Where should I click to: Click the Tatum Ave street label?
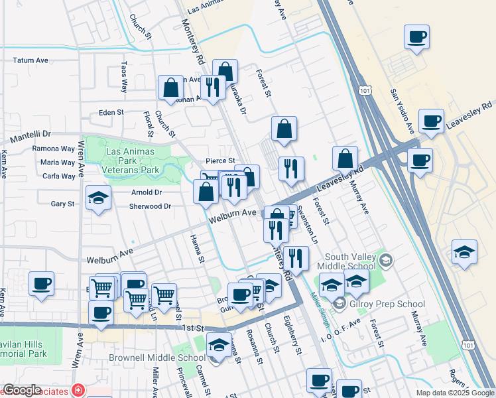[x=31, y=60]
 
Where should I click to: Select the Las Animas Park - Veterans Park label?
[x=130, y=161]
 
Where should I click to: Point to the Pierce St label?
[x=220, y=161]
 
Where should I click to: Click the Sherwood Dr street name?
[x=149, y=206]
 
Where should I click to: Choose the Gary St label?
[x=62, y=204]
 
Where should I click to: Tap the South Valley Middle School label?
[x=349, y=262]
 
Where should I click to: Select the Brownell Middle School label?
[x=164, y=358]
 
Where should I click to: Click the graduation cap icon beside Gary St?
[x=98, y=198]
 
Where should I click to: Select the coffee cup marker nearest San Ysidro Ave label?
[x=431, y=121]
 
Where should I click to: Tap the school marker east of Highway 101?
[x=464, y=252]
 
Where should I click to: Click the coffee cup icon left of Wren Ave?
[x=41, y=284]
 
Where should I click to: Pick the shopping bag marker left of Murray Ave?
[x=345, y=159]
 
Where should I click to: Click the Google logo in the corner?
[x=22, y=390]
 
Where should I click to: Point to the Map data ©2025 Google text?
[x=454, y=393]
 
